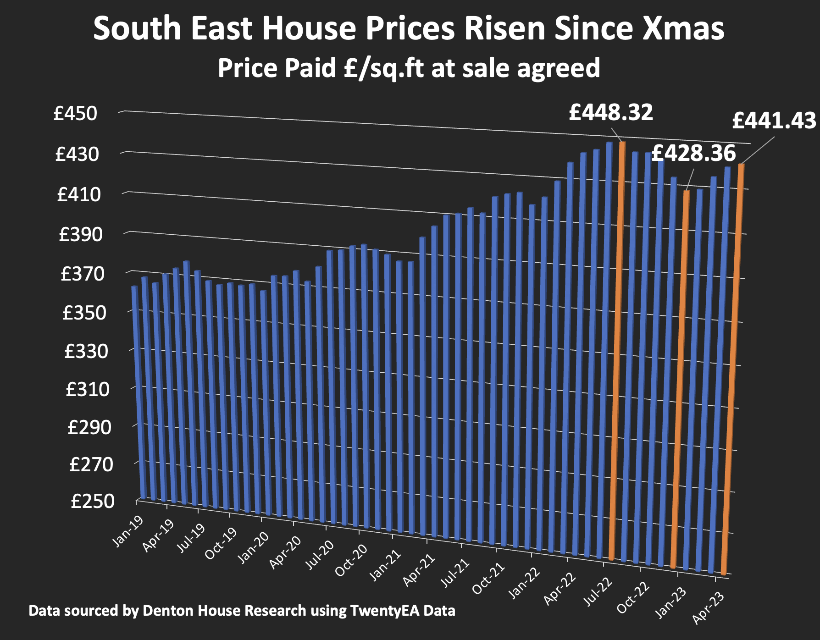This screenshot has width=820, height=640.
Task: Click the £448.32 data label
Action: pyautogui.click(x=610, y=112)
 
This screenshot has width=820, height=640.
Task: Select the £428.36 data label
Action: pyautogui.click(x=693, y=153)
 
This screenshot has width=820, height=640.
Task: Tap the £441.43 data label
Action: pyautogui.click(x=774, y=121)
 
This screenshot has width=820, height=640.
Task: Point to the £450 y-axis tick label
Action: pyautogui.click(x=76, y=113)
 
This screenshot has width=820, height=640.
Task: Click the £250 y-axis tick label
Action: pyautogui.click(x=92, y=501)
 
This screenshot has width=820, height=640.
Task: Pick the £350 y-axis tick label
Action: pyautogui.click(x=84, y=313)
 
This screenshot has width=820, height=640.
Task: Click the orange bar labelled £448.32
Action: pyautogui.click(x=617, y=348)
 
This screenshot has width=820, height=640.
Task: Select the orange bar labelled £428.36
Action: pyautogui.click(x=680, y=376)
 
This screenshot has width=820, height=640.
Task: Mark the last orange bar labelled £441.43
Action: pyautogui.click(x=732, y=367)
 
